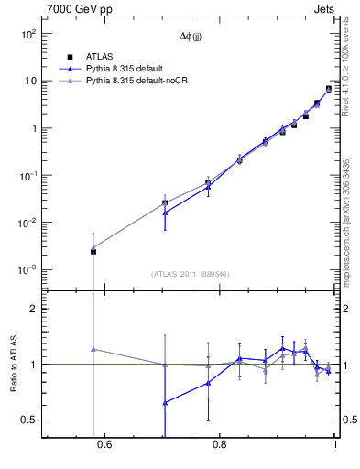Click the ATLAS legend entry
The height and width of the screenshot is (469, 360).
(x=100, y=56)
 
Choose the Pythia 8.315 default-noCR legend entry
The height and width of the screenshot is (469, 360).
(x=136, y=82)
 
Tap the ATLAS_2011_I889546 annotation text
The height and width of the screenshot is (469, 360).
(x=191, y=274)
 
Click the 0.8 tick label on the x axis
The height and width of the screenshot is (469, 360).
(x=219, y=445)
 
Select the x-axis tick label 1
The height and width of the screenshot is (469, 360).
(x=335, y=445)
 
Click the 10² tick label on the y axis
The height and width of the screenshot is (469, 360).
(x=27, y=34)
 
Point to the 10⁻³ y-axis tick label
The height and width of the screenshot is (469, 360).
(x=27, y=270)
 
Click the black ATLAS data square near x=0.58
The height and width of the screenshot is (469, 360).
(x=93, y=251)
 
